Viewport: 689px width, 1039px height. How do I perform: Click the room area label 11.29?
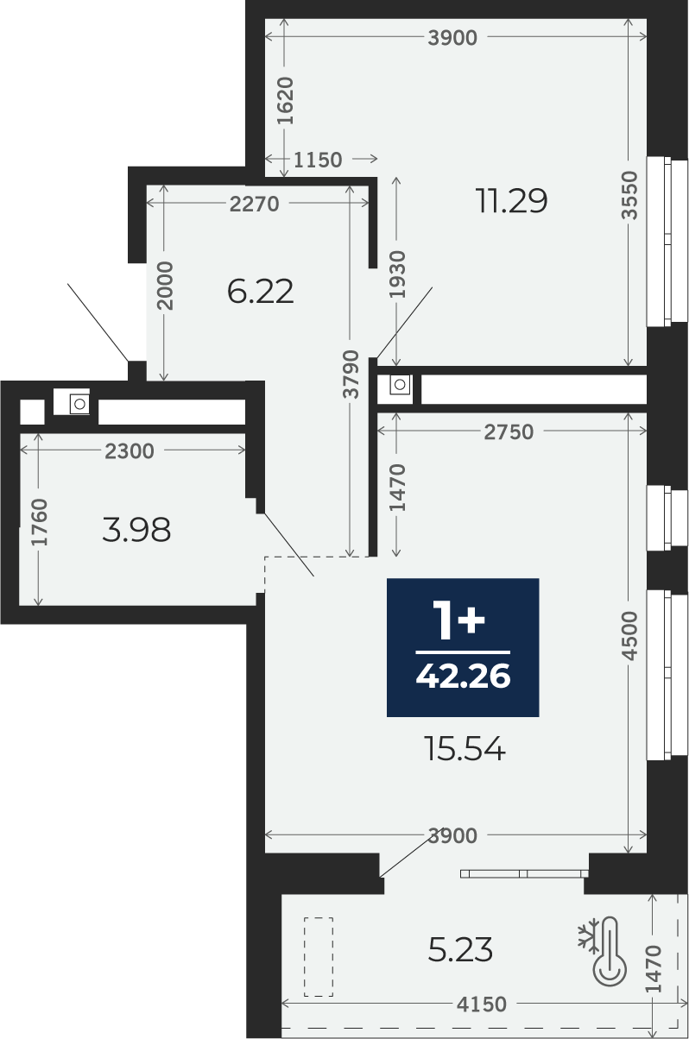tap(512, 201)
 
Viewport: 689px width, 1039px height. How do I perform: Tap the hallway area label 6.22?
tap(260, 292)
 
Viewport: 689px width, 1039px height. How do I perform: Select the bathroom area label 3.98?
tap(136, 530)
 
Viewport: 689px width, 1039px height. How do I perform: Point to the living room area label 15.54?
tap(465, 750)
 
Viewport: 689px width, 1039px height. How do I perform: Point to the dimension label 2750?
tap(509, 432)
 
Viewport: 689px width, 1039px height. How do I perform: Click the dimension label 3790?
tap(352, 375)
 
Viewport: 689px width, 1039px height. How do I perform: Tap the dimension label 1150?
tap(318, 160)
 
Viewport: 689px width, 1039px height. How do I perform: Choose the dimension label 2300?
tap(129, 451)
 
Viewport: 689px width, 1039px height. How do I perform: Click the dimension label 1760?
tap(40, 522)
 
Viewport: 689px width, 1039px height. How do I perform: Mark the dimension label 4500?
tap(630, 635)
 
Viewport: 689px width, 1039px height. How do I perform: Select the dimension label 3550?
tap(630, 195)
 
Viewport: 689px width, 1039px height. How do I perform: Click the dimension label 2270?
tap(254, 204)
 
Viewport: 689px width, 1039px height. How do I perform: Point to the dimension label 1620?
tap(285, 101)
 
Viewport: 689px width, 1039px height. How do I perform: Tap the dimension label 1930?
tap(398, 274)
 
